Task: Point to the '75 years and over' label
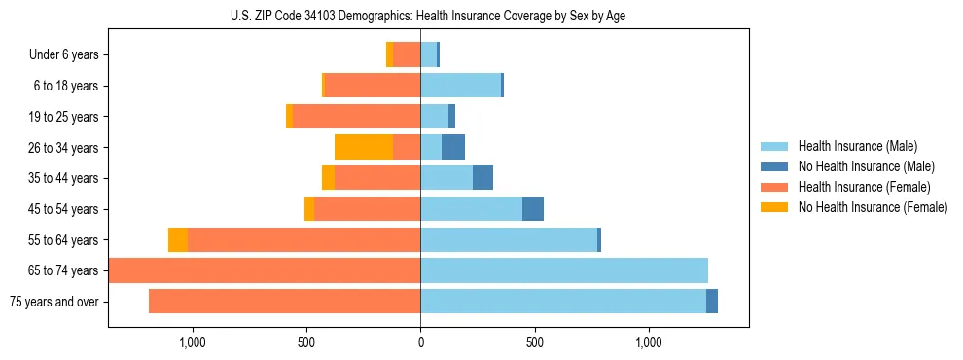pos(53,302)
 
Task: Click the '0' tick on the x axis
pos(420,342)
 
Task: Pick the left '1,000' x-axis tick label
pos(191,342)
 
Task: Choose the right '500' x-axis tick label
pos(534,342)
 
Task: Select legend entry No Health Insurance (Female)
pos(873,207)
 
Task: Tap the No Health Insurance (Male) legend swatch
pos(775,166)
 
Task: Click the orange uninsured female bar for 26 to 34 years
pos(364,147)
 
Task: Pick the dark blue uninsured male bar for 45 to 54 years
pos(533,209)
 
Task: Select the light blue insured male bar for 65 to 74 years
pos(564,270)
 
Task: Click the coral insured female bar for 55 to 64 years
pos(303,239)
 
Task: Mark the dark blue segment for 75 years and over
pos(712,302)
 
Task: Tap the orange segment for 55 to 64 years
pos(178,239)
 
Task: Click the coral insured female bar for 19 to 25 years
pos(356,117)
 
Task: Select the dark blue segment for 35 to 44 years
pos(482,178)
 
